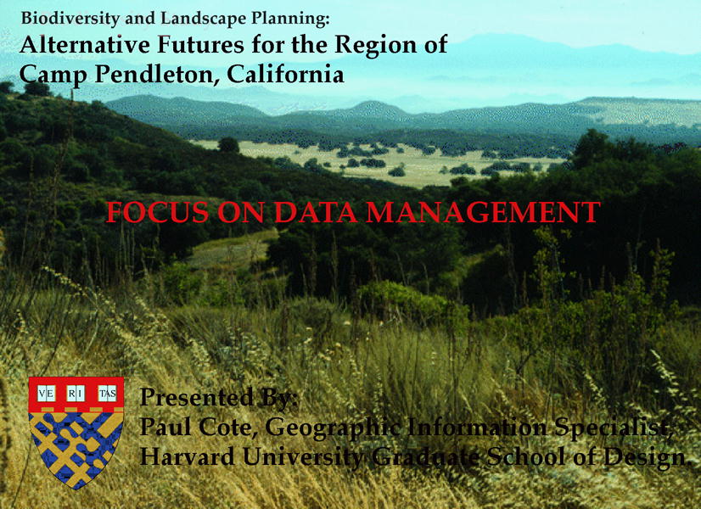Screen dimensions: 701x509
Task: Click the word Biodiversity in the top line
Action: pyautogui.click(x=70, y=19)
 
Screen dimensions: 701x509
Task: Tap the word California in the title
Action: pyautogui.click(x=286, y=75)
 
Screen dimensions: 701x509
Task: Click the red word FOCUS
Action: pyautogui.click(x=157, y=212)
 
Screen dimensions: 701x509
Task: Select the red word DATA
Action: pyautogui.click(x=315, y=212)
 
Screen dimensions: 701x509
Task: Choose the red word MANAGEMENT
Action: pyautogui.click(x=483, y=212)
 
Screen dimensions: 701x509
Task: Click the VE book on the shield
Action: pyautogui.click(x=46, y=394)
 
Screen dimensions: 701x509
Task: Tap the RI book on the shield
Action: pyautogui.click(x=76, y=394)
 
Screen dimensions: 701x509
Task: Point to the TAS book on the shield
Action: pyautogui.click(x=107, y=394)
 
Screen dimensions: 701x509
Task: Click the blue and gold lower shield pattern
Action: pyautogui.click(x=76, y=448)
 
